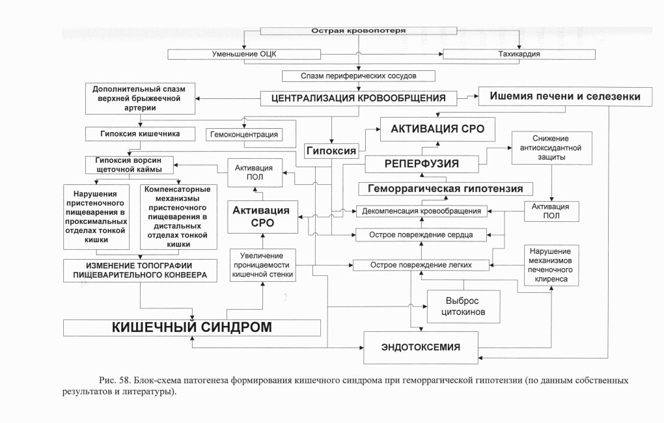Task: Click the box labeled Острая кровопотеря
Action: tap(358, 31)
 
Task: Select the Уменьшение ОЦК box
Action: tap(244, 54)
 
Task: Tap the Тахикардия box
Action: tap(519, 54)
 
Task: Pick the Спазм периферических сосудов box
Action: tap(358, 76)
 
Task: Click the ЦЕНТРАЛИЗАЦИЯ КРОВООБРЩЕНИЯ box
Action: tap(358, 98)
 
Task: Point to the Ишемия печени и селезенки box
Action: tap(565, 96)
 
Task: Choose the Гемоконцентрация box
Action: tap(244, 135)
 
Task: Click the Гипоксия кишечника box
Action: tap(140, 134)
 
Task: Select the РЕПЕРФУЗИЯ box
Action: tap(422, 164)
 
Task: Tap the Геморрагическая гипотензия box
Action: tap(445, 189)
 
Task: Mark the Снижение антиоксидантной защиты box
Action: tap(551, 148)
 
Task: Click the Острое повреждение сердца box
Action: tap(421, 235)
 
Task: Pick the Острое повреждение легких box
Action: tap(421, 265)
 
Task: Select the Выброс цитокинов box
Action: tap(463, 307)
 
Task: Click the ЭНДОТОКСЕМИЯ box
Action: tap(421, 348)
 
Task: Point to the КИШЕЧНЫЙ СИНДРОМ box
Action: tap(192, 328)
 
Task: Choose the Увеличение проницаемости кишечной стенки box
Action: tap(262, 265)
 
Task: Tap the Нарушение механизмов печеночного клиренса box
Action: tap(551, 266)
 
